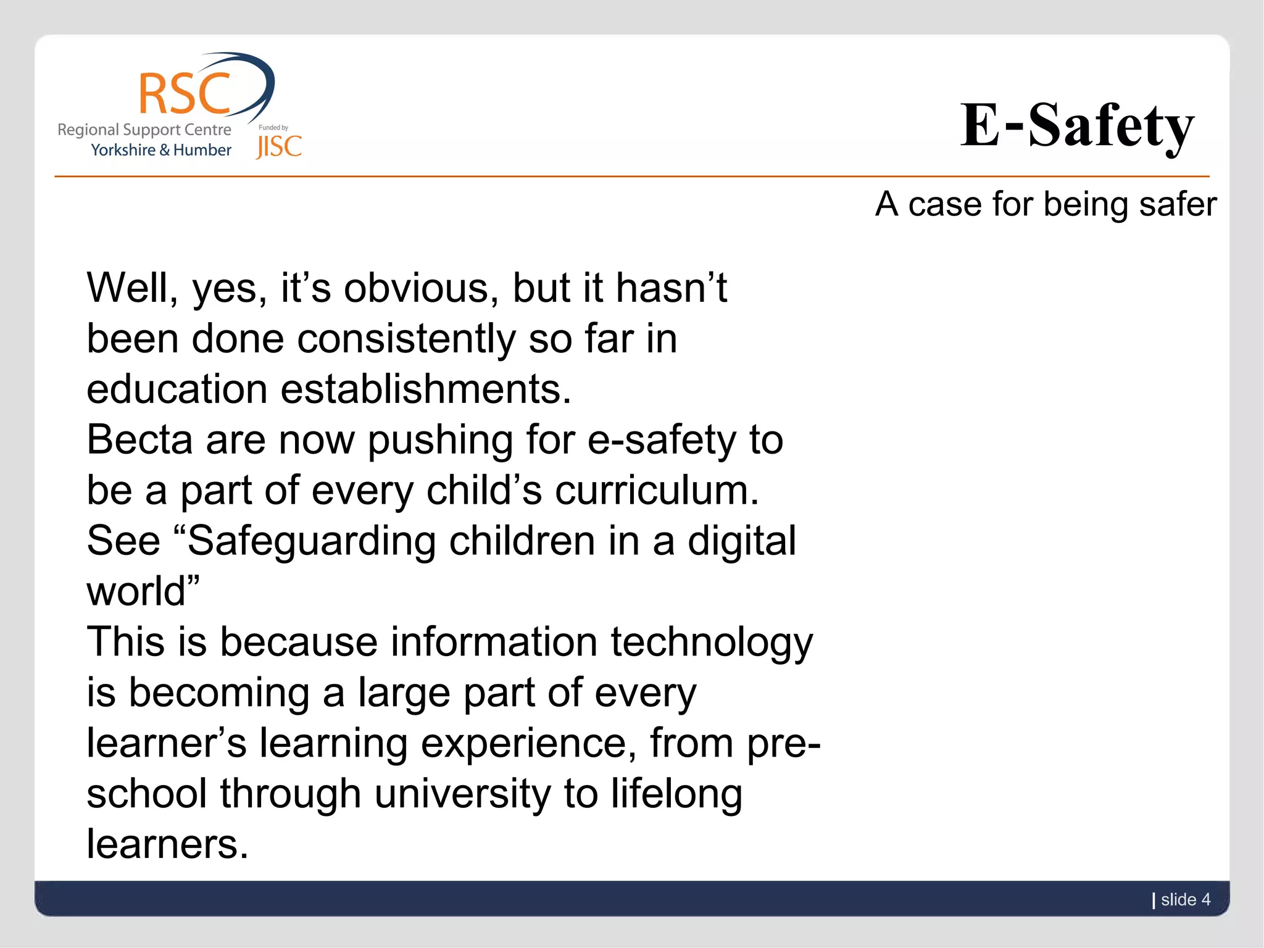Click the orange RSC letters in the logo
pos(184,94)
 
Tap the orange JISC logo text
pos(279,147)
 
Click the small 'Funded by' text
pos(273,128)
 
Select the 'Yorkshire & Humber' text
pos(161,150)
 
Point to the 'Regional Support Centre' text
pos(144,130)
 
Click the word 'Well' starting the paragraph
pos(128,288)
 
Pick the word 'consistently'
pos(406,339)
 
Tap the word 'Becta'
pos(139,440)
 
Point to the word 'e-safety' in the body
pos(662,440)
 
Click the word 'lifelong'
pos(676,794)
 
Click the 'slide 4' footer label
pos(1185,900)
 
